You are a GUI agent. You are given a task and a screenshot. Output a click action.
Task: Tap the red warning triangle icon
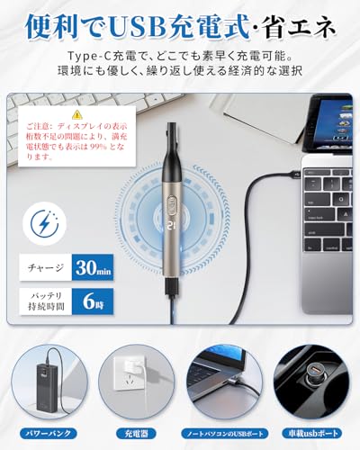pyautogui.click(x=76, y=115)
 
